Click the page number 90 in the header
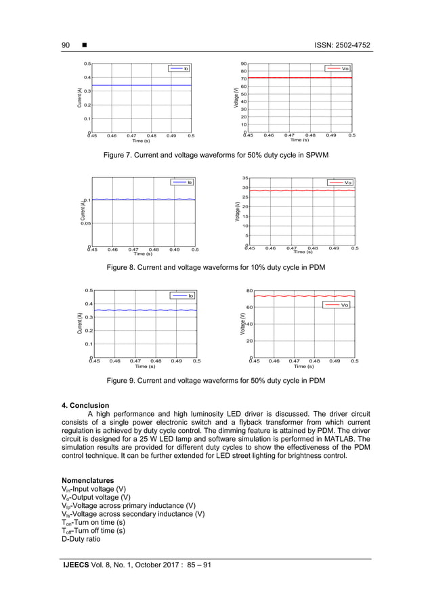tap(66, 45)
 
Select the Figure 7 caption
tap(215, 156)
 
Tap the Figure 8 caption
tap(216, 268)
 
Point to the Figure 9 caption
tap(216, 381)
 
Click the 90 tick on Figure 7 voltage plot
tap(243, 64)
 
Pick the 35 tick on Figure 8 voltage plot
tap(246, 178)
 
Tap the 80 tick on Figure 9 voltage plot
tap(249, 291)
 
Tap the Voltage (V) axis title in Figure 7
tap(236, 99)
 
